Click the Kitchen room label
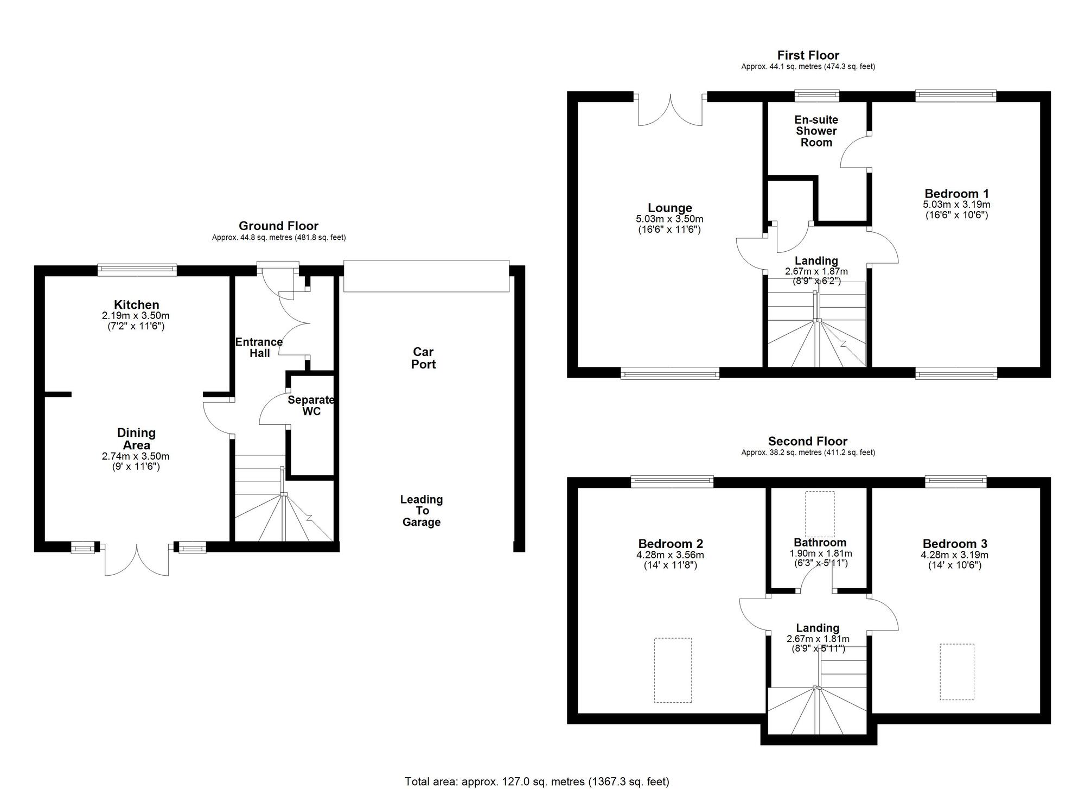tap(137, 305)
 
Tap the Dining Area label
tap(137, 439)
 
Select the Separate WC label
tap(311, 406)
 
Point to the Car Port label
tap(423, 358)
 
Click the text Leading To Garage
tap(422, 511)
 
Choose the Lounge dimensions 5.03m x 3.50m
tap(670, 219)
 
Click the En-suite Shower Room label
tap(816, 131)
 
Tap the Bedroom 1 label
tap(957, 194)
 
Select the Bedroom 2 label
tap(671, 544)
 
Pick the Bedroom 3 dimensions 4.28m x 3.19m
tap(955, 555)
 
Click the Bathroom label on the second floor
tap(820, 543)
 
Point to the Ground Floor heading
tap(279, 226)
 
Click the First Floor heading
tap(808, 55)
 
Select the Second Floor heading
tap(808, 442)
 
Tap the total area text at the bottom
tap(537, 782)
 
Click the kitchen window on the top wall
tap(137, 270)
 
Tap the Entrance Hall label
tap(259, 348)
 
